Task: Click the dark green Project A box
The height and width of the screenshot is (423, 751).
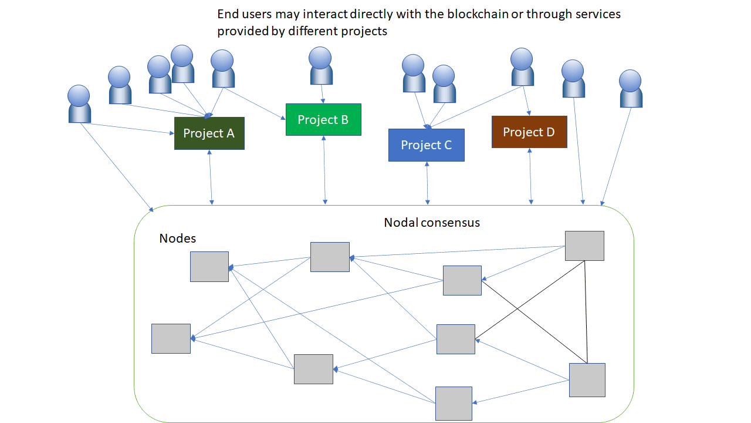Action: pos(209,133)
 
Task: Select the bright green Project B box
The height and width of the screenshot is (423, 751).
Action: pos(323,120)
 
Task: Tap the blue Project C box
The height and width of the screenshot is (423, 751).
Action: pos(427,145)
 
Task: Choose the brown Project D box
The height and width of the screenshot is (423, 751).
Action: pos(529,132)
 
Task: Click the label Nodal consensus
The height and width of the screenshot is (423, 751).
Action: pos(432,223)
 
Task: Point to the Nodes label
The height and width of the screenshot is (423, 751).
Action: pos(178,239)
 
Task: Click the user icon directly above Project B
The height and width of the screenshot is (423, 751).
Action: pos(321,66)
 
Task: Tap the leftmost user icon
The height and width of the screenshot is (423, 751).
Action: pos(79,104)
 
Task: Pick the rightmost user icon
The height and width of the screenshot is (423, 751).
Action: pos(631,89)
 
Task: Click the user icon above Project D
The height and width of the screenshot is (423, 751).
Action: pos(522,67)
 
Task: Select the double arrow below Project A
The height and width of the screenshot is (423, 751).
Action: pos(211,177)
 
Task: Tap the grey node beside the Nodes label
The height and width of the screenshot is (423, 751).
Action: pos(209,267)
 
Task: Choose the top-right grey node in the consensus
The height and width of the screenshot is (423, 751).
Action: pos(584,246)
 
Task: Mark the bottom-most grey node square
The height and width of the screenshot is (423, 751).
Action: pos(454,404)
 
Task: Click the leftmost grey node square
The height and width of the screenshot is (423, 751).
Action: pos(171,338)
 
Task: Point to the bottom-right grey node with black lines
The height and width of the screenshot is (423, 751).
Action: pos(587,380)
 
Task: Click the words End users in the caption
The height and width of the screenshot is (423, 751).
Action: pos(243,14)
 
